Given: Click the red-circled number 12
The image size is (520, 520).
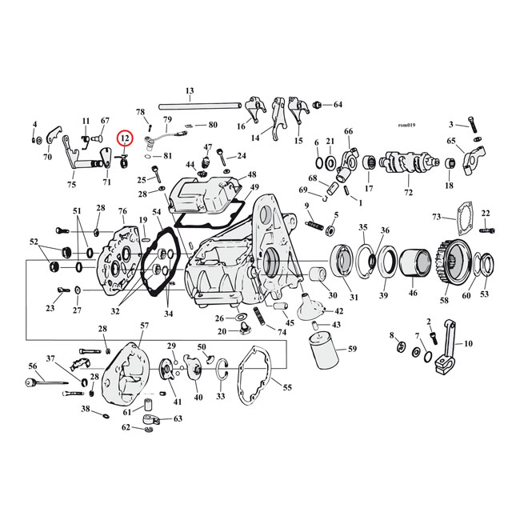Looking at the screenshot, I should (124, 138).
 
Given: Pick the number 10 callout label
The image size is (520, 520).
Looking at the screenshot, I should (468, 344).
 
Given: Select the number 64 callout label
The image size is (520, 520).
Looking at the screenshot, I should (338, 105).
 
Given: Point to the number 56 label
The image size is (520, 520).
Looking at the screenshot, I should (33, 366).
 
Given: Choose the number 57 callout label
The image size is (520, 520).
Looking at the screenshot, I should (144, 326).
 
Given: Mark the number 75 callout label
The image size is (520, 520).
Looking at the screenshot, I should (71, 185).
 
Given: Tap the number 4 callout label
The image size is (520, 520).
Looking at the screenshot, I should (34, 124).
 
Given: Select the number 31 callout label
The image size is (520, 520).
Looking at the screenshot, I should (353, 298).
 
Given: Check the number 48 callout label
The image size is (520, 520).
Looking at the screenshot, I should (252, 174).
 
